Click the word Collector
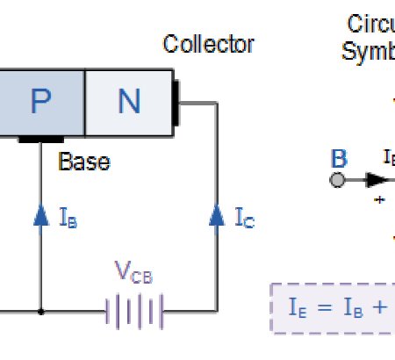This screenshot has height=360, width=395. pos(209,44)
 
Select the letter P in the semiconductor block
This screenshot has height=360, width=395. pos(41,102)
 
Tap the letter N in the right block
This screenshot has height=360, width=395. pos(128,102)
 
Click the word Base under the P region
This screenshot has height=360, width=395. pos(84,162)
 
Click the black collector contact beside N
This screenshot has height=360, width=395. pos(176,102)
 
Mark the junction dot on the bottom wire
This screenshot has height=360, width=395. pos(41,311)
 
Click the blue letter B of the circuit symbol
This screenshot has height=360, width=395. pos(338,159)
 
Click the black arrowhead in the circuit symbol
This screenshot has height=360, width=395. pos(376,180)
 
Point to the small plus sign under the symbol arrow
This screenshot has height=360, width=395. pos(380,200)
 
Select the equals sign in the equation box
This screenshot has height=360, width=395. pos(324,308)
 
